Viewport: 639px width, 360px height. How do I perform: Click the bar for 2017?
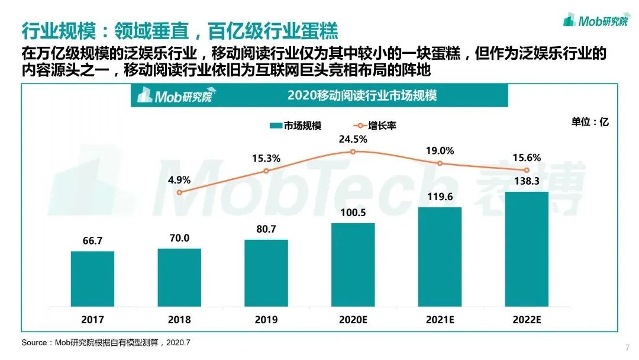92,278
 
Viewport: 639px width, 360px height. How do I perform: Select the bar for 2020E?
353,264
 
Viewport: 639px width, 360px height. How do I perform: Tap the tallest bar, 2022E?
527,249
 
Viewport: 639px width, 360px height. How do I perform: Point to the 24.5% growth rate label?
353,140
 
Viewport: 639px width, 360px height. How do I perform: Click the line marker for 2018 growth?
179,192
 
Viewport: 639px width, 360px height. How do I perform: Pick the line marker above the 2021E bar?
440,163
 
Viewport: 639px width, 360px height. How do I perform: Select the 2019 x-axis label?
266,320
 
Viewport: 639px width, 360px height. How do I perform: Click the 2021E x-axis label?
440,320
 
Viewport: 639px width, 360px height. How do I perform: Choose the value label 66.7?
92,241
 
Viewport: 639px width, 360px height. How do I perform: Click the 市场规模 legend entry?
295,126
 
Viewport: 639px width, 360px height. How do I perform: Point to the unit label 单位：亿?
589,122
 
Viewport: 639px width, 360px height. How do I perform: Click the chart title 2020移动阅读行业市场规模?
362,95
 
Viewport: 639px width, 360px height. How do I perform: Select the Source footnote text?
106,343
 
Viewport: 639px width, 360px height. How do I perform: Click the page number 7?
627,347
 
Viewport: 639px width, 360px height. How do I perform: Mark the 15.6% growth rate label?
527,157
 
